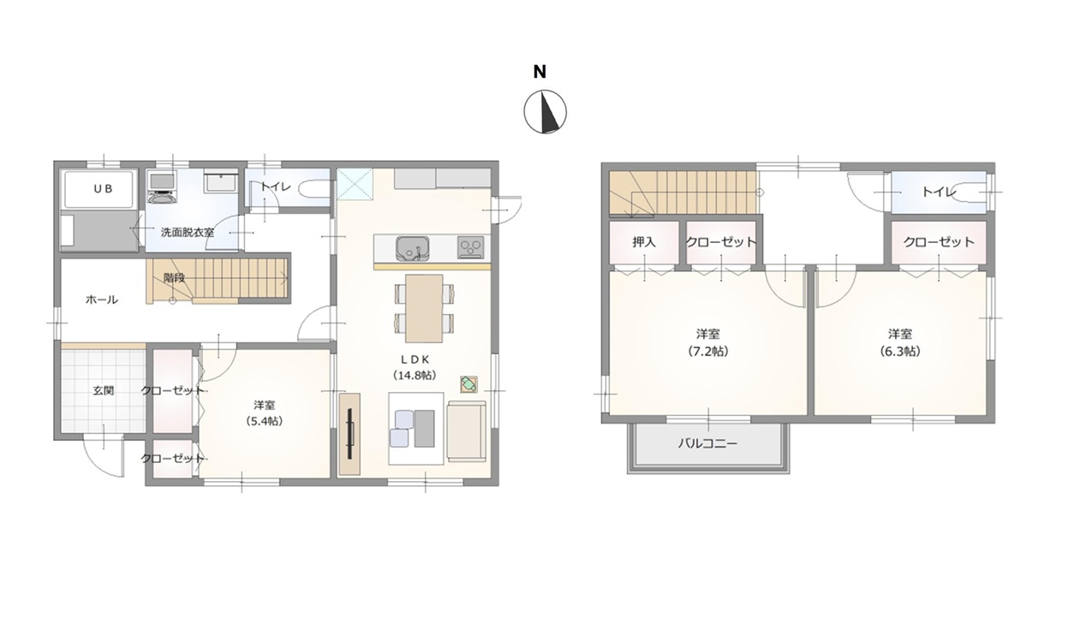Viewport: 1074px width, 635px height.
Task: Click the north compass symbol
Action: click(x=545, y=111)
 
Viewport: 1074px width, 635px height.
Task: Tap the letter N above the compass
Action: click(x=540, y=72)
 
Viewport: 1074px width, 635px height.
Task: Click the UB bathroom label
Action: click(x=103, y=189)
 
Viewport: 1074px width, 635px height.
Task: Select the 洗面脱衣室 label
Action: click(x=187, y=233)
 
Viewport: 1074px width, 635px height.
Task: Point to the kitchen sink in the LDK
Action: click(x=412, y=248)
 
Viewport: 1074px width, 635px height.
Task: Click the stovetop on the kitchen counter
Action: click(x=471, y=248)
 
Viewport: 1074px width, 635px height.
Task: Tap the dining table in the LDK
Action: click(x=424, y=308)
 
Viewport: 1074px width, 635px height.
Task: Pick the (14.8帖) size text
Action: click(x=415, y=375)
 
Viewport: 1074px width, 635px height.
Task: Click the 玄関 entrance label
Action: click(x=103, y=390)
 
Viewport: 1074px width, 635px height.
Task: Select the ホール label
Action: click(x=102, y=300)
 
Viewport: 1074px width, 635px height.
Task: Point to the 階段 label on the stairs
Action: click(x=174, y=278)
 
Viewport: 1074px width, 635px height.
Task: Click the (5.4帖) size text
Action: click(x=264, y=421)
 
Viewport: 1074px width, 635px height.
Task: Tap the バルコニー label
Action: click(x=707, y=443)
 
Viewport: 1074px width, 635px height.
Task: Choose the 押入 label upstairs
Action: click(x=643, y=242)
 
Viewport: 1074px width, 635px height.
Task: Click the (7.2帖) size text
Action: click(x=707, y=351)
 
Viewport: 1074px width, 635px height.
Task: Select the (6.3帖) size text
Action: click(x=899, y=351)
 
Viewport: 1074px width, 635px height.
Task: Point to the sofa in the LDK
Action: click(x=467, y=431)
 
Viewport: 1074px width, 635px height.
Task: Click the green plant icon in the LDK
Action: click(x=468, y=384)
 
